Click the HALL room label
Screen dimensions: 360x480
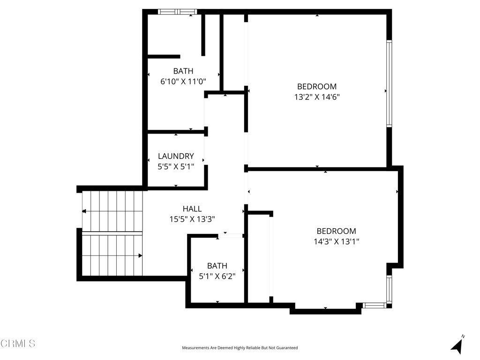192,209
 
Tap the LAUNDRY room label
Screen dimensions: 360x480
176,156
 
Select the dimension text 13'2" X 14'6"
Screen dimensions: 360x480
317,97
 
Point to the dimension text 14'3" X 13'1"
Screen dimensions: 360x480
337,242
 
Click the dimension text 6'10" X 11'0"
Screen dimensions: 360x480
183,81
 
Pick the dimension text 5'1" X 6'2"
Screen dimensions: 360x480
217,276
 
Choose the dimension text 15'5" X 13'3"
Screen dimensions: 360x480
192,219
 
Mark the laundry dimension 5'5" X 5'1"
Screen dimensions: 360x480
176,166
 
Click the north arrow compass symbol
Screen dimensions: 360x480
457,345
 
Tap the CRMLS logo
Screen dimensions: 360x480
18,344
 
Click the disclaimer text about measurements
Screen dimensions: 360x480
240,348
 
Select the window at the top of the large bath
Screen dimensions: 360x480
178,12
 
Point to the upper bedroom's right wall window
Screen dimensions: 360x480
389,84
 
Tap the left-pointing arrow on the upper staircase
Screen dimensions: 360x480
84,211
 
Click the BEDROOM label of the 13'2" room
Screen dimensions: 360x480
317,87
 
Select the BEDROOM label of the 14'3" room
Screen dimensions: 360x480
336,231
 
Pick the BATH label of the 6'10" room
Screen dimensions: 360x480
183,71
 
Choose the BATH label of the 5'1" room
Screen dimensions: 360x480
217,266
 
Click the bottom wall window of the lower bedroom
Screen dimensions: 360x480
374,305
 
